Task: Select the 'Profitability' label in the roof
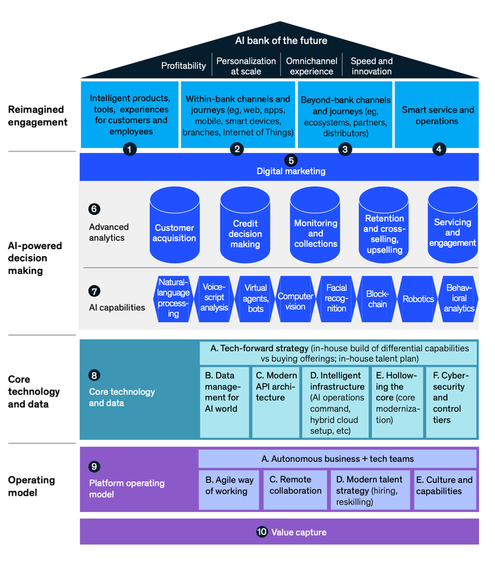pos(184,66)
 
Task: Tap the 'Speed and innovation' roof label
pos(371,66)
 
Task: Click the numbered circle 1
pos(130,149)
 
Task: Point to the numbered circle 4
pos(439,149)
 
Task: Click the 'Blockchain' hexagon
pos(377,299)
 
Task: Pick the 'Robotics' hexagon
pos(418,299)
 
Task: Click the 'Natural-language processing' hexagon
pos(173,298)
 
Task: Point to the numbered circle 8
pos(95,376)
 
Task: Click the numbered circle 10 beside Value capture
pos(261,531)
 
